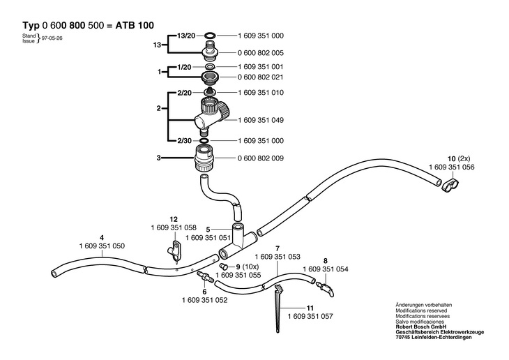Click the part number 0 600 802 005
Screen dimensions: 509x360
(261, 52)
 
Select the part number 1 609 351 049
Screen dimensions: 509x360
(261, 120)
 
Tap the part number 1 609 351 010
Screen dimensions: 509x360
(261, 93)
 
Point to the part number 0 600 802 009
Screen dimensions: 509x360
(261, 158)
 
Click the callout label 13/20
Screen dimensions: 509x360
(186, 36)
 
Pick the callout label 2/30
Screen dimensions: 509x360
(184, 141)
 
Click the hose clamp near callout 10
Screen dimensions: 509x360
(450, 185)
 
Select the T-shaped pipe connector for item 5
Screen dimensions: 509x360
(238, 242)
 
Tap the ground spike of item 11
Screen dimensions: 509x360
(278, 308)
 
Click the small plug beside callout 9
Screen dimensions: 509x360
(223, 267)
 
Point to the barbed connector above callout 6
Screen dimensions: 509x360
(204, 276)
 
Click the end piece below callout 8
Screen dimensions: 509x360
(325, 289)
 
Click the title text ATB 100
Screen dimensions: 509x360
(135, 25)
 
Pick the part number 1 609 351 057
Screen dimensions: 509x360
(310, 316)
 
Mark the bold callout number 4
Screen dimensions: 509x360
(102, 237)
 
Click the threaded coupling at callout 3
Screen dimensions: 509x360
(204, 158)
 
